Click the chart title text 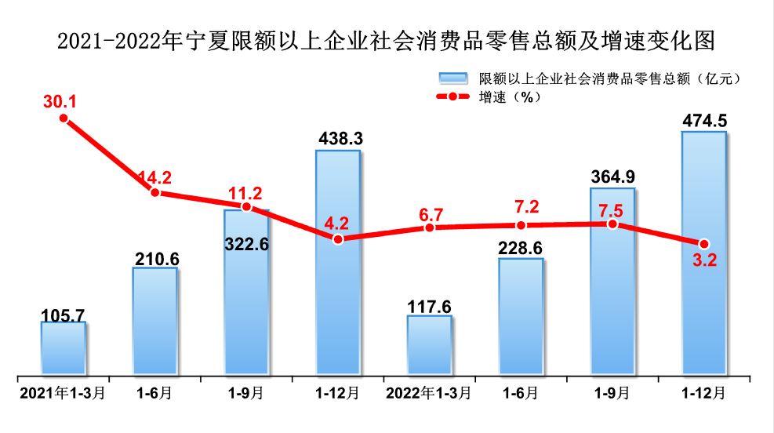pos(387,40)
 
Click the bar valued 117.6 pos(429,344)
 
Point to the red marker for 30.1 pos(64,118)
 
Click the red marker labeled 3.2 pos(704,243)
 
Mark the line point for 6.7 pos(429,227)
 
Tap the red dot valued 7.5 pos(612,224)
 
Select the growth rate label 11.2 pos(246,192)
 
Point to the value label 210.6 pos(154,257)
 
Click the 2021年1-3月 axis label pos(63,391)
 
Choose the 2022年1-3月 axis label pos(429,391)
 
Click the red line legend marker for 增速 pos(452,96)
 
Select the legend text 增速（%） pos(510,96)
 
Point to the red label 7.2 pos(521,206)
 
